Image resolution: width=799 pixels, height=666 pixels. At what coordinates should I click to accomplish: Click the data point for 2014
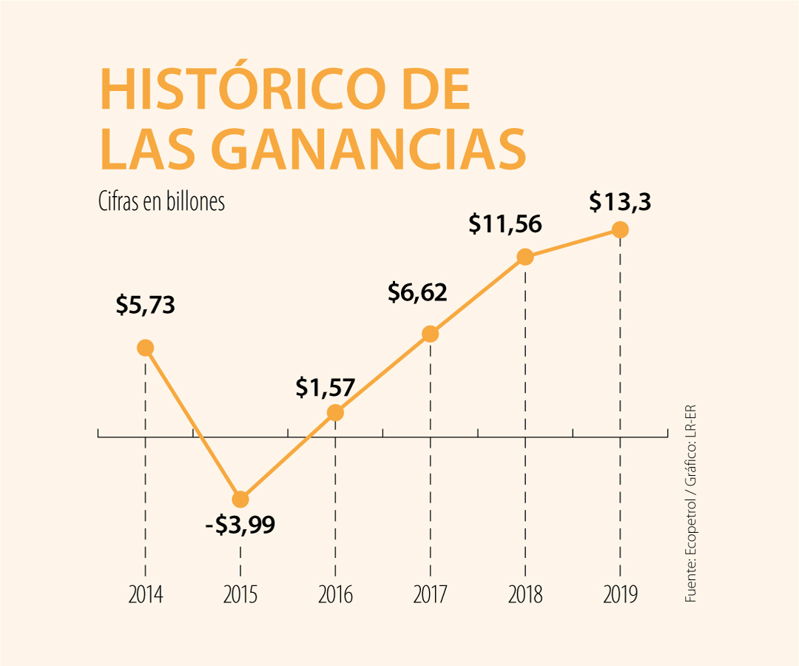[145, 348]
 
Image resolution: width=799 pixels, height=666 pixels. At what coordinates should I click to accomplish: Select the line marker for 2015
[240, 499]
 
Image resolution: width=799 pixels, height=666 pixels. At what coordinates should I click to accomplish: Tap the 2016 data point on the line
[335, 413]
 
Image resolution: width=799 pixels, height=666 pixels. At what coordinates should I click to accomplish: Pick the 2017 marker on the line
[430, 334]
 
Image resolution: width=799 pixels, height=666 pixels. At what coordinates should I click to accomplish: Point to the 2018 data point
[525, 257]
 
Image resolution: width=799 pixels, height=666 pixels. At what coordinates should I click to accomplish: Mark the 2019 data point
[620, 230]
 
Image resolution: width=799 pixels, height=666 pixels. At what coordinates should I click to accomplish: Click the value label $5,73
[145, 306]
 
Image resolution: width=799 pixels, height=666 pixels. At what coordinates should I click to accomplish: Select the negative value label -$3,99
[240, 525]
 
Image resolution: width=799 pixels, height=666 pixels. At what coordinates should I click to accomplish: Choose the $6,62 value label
[418, 293]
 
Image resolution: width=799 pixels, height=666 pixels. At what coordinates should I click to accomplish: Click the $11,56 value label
[505, 224]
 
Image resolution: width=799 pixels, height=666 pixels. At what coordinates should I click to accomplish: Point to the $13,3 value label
[620, 201]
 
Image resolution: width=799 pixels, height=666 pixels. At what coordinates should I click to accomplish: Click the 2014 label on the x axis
[145, 594]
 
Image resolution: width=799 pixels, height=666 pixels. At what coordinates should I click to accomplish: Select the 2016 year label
[335, 594]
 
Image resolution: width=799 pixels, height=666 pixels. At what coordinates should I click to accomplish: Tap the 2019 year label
[620, 594]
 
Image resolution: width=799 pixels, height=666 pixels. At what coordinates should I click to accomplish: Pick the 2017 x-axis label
[430, 594]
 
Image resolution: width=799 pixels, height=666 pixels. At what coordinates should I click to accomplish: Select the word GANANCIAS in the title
[374, 150]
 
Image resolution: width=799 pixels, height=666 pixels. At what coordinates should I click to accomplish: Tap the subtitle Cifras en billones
[161, 202]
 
